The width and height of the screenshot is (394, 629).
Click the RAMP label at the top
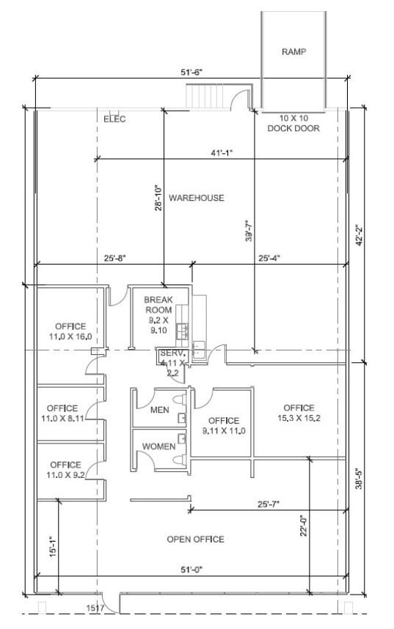click(293, 52)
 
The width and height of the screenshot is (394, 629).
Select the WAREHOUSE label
click(196, 198)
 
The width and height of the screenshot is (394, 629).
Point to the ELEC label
click(114, 119)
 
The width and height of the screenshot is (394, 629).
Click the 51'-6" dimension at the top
click(190, 72)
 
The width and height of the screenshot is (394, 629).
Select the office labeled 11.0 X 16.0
click(70, 331)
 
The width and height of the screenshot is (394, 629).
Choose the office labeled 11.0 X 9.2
click(65, 469)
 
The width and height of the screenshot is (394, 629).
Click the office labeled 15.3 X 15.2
click(299, 413)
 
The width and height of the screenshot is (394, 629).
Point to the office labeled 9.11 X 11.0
click(223, 425)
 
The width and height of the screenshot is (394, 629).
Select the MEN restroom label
click(160, 410)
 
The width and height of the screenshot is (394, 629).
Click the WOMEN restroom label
click(158, 446)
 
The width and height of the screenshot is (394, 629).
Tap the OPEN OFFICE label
click(195, 540)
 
